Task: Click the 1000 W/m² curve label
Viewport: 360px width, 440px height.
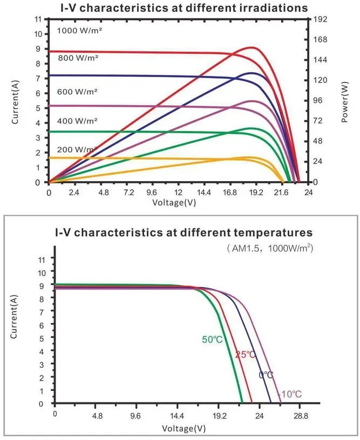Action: [x=79, y=31]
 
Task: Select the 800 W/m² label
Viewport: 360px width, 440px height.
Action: [x=78, y=58]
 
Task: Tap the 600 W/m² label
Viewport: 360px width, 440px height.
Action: [x=77, y=92]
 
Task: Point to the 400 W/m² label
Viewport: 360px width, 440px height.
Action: [x=77, y=121]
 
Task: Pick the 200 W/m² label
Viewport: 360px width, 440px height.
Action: [x=77, y=149]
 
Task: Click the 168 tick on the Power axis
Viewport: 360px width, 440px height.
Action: [x=321, y=39]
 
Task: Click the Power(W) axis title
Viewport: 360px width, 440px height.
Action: [x=345, y=102]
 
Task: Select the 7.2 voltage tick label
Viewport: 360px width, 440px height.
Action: [x=128, y=192]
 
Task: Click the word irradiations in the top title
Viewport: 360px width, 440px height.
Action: [x=274, y=8]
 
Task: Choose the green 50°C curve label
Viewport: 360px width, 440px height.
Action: [x=212, y=340]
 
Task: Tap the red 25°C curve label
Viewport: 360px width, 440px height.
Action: [x=246, y=355]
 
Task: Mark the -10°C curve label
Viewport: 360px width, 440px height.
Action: [x=290, y=394]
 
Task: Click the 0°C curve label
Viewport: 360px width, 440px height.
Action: [x=266, y=375]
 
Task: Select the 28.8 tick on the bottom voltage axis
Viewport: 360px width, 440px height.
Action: [x=301, y=416]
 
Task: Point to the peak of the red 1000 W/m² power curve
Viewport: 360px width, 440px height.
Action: [x=252, y=47]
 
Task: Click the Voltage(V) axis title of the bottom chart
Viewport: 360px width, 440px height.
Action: [x=184, y=429]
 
